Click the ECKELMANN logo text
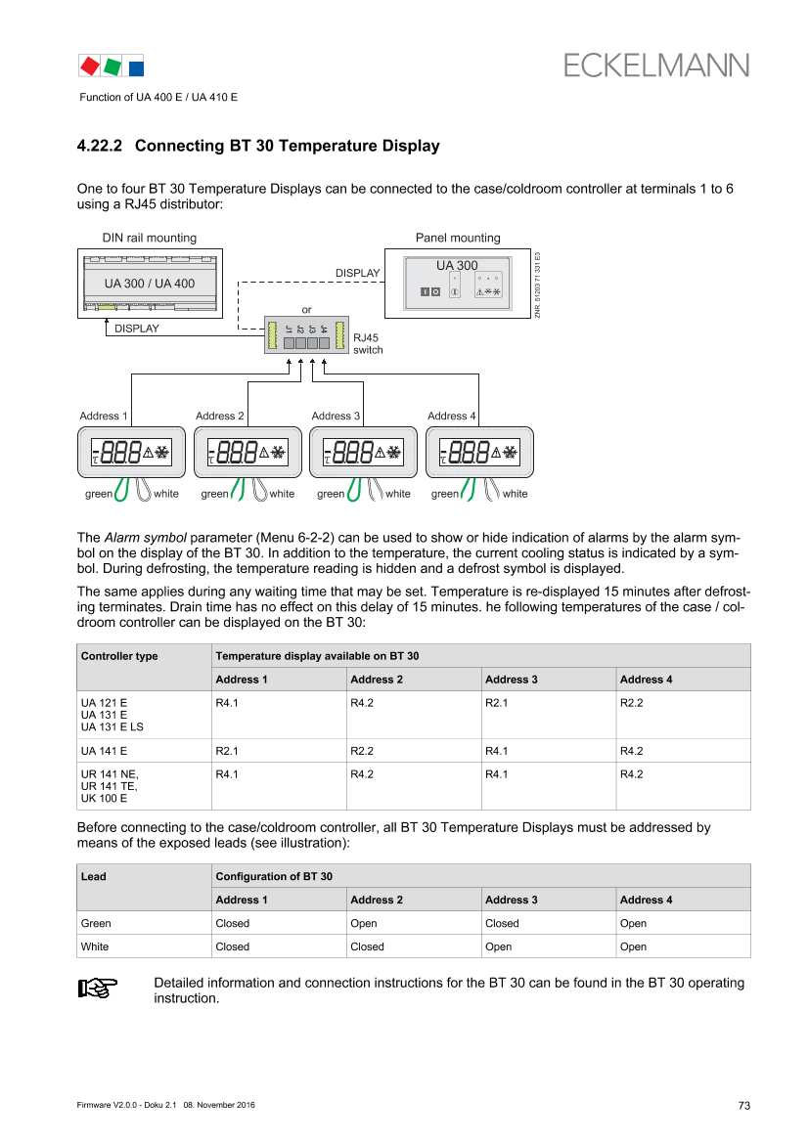(656, 65)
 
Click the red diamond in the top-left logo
(89, 66)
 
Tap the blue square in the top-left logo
(136, 66)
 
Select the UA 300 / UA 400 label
(150, 284)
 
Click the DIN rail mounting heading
(150, 238)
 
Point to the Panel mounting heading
(457, 238)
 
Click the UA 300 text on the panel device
(457, 266)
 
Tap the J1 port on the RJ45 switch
(290, 343)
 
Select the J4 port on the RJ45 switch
(324, 343)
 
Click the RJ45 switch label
(368, 343)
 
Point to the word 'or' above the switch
(307, 310)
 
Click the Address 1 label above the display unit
(103, 417)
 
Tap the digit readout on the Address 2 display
(238, 452)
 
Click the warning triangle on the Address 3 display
(379, 453)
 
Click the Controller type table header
(119, 656)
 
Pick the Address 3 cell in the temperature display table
(512, 680)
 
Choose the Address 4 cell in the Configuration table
(647, 900)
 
